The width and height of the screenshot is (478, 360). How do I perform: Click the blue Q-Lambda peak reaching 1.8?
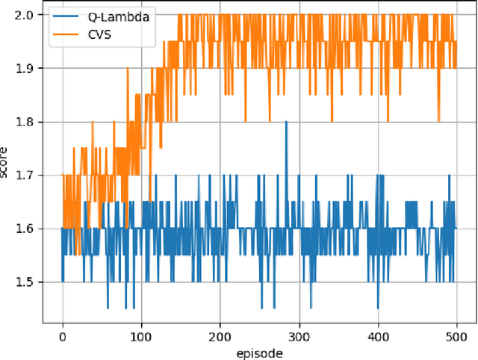[x=286, y=122]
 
